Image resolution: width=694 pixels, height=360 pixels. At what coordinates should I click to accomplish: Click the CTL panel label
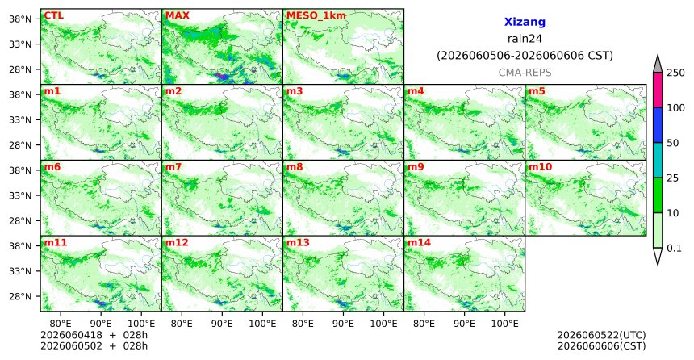tap(53, 16)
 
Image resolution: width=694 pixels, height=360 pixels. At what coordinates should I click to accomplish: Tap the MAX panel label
tap(177, 16)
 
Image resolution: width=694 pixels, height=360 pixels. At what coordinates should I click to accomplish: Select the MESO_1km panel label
tap(316, 16)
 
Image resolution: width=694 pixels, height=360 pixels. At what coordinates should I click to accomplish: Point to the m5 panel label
tap(537, 92)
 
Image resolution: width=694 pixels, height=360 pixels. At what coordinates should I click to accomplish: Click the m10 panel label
tap(540, 167)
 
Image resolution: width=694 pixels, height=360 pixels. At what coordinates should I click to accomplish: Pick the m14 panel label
tap(419, 243)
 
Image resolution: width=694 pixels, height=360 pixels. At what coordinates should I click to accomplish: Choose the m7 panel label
tap(173, 167)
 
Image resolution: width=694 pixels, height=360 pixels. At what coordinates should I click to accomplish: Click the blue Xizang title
tap(525, 22)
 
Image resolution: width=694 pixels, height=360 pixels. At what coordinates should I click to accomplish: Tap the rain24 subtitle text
tap(525, 39)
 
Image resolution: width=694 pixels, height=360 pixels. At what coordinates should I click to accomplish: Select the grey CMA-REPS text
tap(525, 73)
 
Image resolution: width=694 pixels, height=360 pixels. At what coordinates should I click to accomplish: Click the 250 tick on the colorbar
tap(675, 73)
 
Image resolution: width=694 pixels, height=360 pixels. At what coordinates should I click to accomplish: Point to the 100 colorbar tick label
tap(675, 107)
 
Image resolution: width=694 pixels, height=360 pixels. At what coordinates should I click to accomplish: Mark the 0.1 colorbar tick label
tap(674, 249)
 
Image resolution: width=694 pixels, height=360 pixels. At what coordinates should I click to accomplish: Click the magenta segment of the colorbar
tap(657, 90)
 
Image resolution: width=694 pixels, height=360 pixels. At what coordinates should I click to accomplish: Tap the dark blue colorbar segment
tap(657, 125)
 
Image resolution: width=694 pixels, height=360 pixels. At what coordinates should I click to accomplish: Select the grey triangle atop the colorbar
tap(657, 65)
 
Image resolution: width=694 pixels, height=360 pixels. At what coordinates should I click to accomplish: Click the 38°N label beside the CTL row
tap(20, 19)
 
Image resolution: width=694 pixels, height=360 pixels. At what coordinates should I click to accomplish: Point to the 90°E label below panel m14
tap(464, 324)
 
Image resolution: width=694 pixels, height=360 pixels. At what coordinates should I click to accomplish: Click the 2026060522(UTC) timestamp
tap(601, 335)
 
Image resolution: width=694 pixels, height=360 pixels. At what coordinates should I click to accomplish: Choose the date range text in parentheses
tap(525, 56)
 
